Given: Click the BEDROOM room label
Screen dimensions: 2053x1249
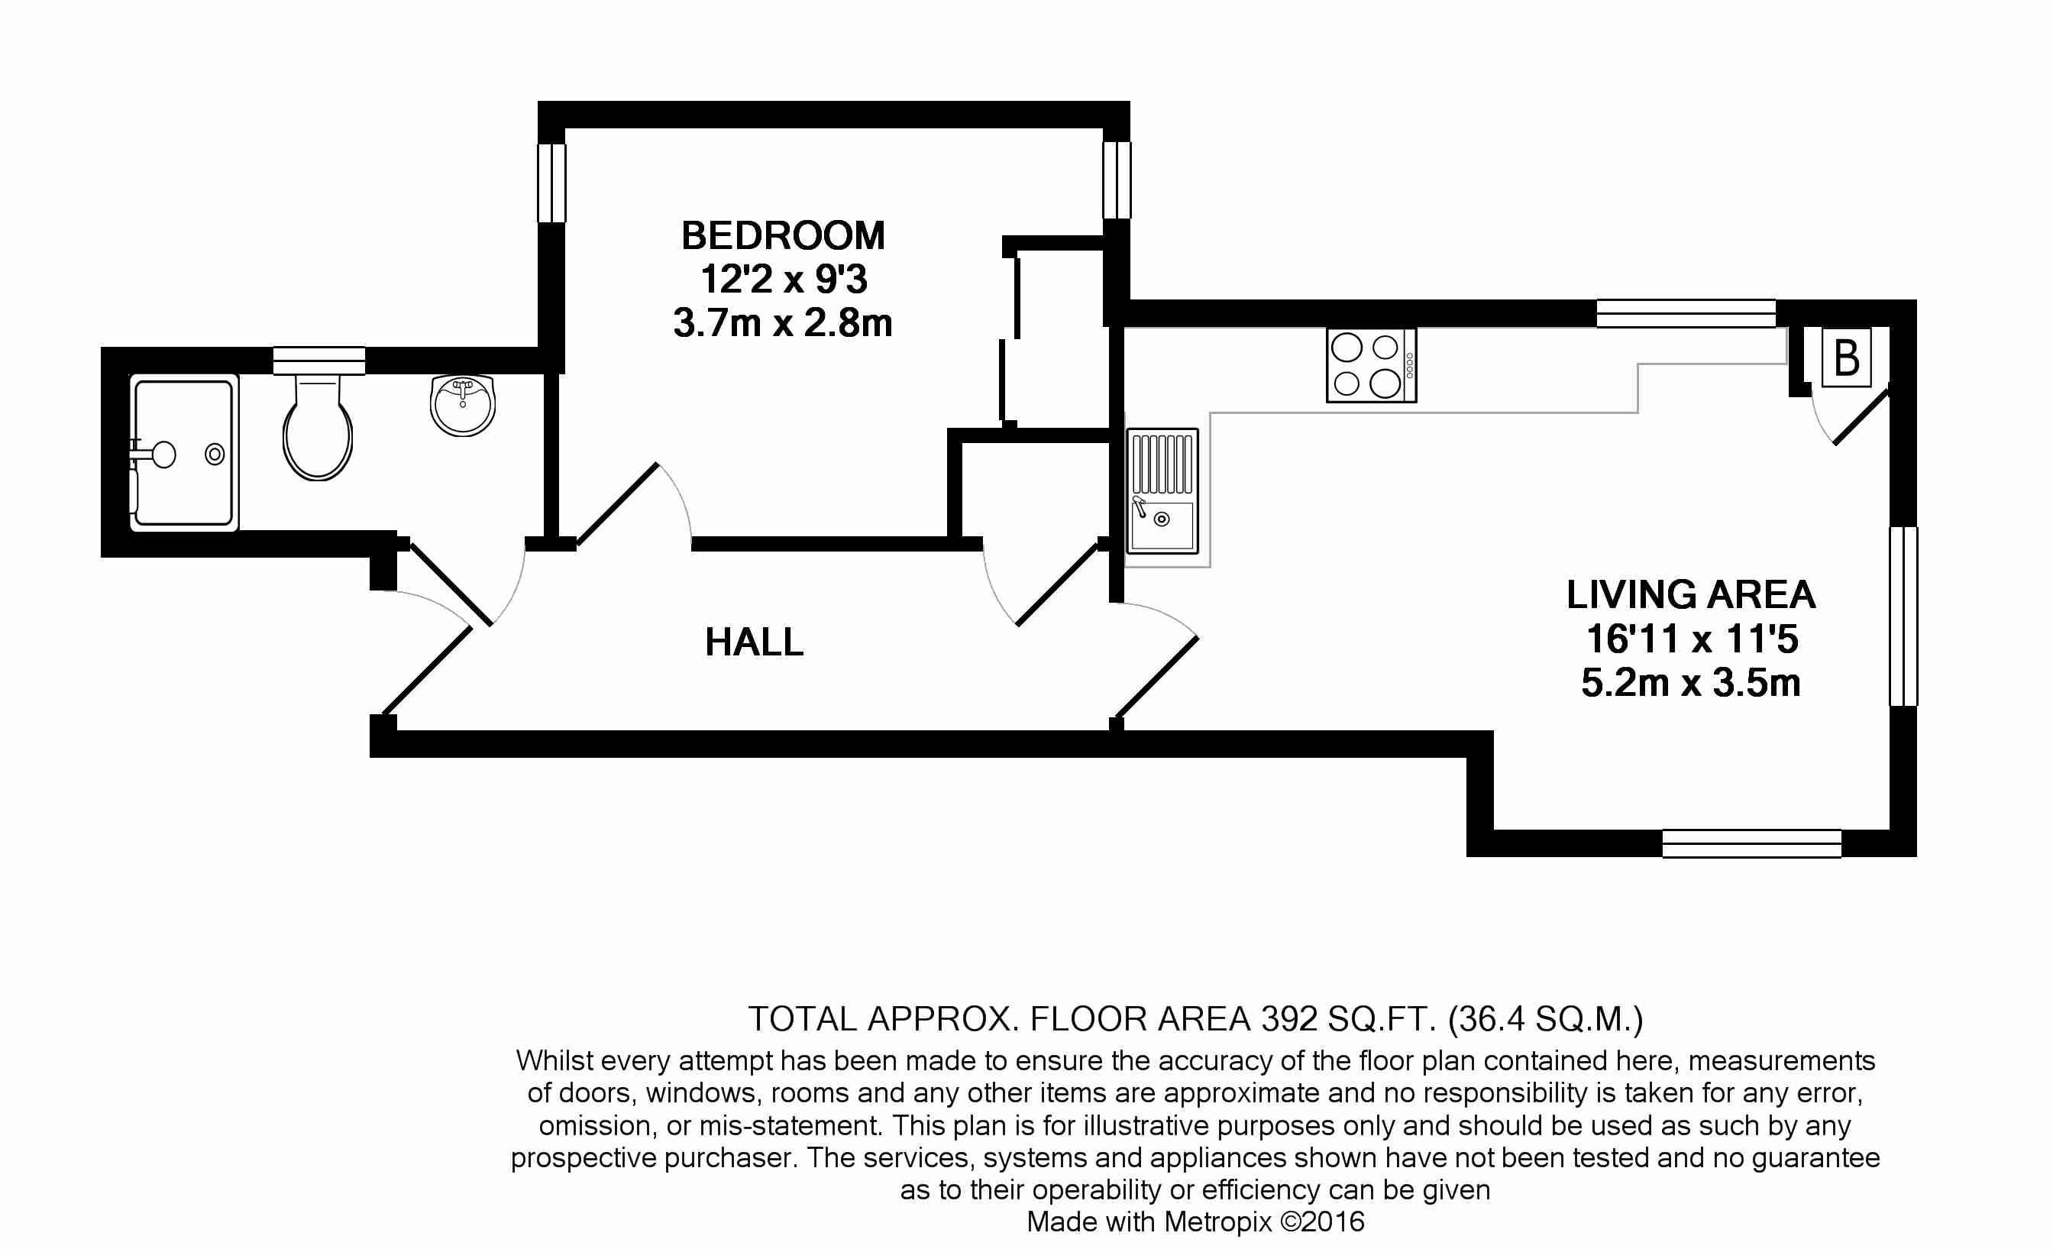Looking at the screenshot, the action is [783, 236].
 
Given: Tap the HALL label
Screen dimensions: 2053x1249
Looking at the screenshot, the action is [755, 642].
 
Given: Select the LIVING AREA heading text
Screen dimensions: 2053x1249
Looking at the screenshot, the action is [1692, 595].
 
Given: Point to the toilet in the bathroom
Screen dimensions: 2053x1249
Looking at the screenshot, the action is [318, 426].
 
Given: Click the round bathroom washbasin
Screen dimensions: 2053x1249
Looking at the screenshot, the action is [462, 405].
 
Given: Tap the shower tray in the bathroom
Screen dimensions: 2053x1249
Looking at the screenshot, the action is [184, 453].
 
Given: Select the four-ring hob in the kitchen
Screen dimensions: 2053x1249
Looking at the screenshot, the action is [1372, 366].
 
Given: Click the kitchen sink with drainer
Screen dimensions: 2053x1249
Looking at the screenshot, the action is [1162, 492].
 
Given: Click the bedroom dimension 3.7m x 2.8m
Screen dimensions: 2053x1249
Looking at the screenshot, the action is [783, 322].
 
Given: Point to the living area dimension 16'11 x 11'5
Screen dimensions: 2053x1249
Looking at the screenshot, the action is [1692, 639].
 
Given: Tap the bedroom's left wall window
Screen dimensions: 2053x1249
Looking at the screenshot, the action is [551, 183].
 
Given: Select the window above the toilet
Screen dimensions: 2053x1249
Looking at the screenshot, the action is [319, 360].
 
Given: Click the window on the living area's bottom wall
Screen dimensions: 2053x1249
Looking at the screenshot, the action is [1751, 843].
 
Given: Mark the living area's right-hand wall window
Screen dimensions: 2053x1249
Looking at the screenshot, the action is [1903, 616].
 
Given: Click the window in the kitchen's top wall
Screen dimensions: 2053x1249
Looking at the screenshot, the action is [1686, 313].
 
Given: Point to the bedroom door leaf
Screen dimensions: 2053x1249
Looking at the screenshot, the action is [617, 504].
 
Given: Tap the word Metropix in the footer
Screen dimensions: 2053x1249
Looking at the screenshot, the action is [1219, 1221].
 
